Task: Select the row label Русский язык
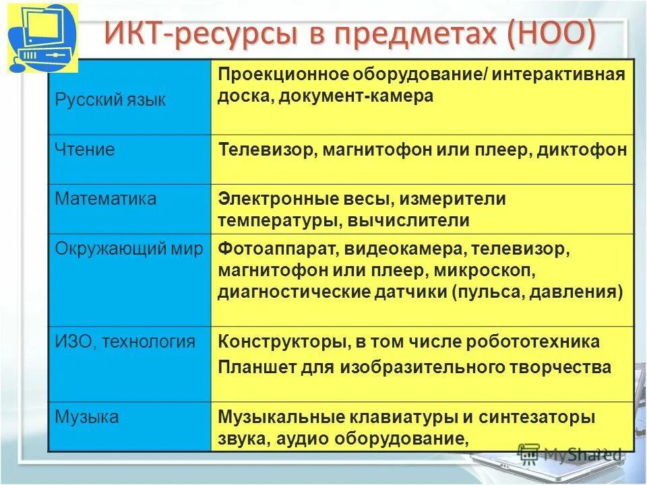point(110,100)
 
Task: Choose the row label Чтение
point(85,149)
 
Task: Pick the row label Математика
point(106,199)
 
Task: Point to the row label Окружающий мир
point(129,249)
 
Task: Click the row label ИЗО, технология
point(125,342)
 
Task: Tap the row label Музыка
point(87,417)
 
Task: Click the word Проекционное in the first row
point(281,73)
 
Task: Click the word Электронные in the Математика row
point(277,199)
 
